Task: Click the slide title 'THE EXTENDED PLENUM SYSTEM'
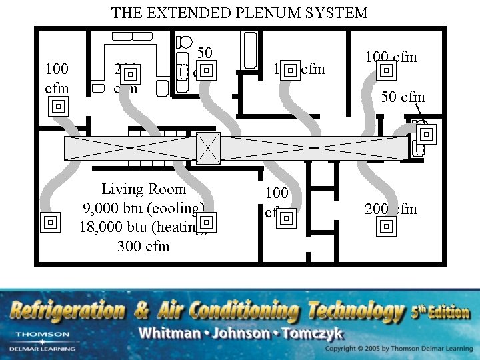pos(239,13)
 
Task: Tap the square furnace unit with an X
pos(208,148)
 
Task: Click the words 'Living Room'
pos(143,189)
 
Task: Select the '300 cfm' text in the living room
pos(143,246)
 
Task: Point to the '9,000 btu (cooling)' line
pos(143,208)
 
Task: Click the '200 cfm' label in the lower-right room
pos(391,209)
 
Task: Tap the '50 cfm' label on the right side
pos(403,97)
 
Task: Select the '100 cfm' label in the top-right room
pos(391,57)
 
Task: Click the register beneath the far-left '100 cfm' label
pos(58,106)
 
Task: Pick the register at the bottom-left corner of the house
pos(49,222)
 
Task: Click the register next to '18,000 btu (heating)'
pos(206,221)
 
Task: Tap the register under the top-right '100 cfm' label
pos(387,71)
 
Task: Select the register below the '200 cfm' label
pos(386,227)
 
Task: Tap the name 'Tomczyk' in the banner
pos(319,333)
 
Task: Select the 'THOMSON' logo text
pos(42,334)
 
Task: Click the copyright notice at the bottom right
pos(398,349)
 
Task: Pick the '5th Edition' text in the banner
pos(441,310)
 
